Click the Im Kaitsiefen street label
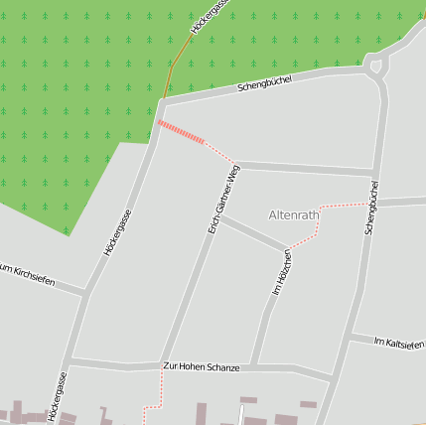pos(399,343)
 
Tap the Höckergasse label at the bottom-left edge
pos(56,397)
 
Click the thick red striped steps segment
pos(182,132)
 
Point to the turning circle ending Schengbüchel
pos(376,67)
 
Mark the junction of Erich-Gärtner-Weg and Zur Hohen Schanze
pos(160,365)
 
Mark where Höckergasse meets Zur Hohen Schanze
pos(70,362)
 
